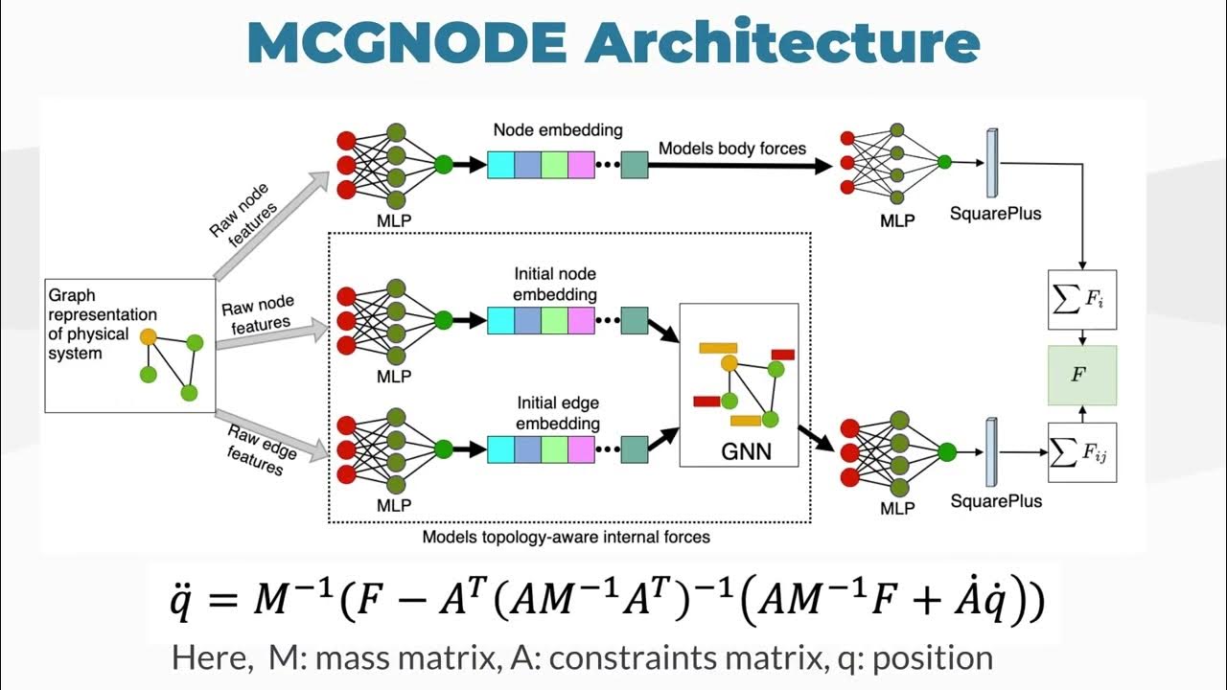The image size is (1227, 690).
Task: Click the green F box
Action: (x=1082, y=376)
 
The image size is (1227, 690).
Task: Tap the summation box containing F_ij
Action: (x=1082, y=452)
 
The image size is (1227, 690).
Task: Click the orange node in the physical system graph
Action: (x=148, y=337)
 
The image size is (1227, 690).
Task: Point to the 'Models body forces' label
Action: (x=732, y=148)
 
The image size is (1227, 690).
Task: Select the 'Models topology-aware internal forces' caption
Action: (x=567, y=537)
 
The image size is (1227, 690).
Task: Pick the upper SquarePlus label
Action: (x=996, y=214)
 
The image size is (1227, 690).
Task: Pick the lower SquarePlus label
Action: (x=996, y=501)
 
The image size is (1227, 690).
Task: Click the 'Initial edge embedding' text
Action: (x=558, y=413)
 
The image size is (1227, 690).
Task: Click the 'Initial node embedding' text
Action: (x=556, y=285)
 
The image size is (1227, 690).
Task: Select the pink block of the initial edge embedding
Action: (x=581, y=448)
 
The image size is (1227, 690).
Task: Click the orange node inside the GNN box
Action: (x=729, y=362)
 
